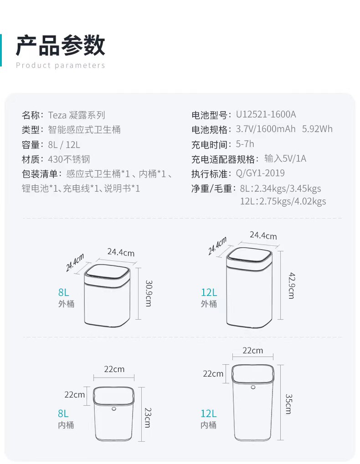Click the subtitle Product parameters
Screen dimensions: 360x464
tap(60, 66)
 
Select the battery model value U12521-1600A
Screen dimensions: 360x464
tap(266, 115)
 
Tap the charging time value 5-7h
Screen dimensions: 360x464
tap(245, 144)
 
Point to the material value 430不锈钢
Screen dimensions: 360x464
tap(69, 159)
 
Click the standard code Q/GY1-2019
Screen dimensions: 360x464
tap(260, 173)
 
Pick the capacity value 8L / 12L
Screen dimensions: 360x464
tap(64, 144)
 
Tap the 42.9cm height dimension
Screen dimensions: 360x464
tap(291, 285)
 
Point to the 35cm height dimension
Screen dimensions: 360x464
tap(288, 404)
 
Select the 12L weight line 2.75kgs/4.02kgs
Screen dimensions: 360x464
tap(283, 201)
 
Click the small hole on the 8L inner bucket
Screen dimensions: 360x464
tap(114, 409)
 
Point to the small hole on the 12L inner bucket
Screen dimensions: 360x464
tap(253, 388)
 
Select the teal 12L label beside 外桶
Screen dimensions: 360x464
tap(209, 292)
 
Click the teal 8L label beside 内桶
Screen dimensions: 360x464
tap(63, 413)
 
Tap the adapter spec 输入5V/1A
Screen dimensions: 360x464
tap(285, 159)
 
